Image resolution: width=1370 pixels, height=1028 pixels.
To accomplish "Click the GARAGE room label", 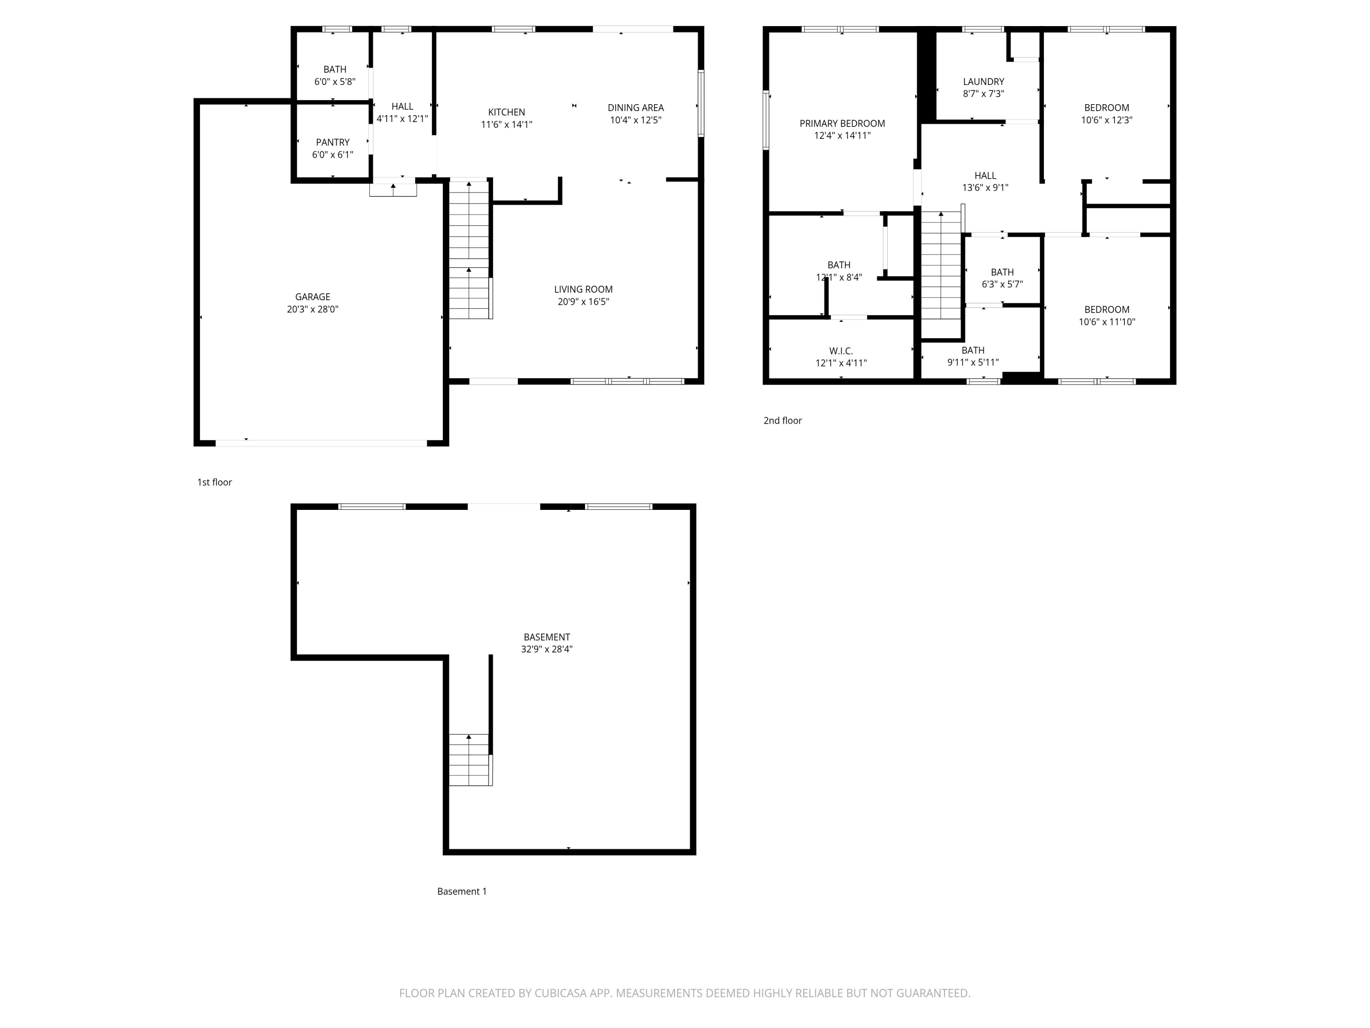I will click(x=312, y=297).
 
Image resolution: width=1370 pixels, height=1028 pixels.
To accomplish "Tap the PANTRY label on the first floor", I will click(x=332, y=143).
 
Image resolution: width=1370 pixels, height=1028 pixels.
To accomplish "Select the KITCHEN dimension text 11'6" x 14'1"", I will click(x=506, y=125).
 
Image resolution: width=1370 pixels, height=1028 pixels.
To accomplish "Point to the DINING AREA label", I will click(x=636, y=108).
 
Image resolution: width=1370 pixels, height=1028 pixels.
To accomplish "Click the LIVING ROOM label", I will click(x=583, y=289).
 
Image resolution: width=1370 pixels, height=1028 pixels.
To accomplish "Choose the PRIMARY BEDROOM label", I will click(x=842, y=123).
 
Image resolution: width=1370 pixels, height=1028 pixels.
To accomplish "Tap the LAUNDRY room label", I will click(x=983, y=82).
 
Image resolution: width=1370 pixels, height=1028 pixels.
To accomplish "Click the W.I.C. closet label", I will click(x=840, y=351).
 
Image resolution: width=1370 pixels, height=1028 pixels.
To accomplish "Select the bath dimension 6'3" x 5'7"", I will click(x=1001, y=285).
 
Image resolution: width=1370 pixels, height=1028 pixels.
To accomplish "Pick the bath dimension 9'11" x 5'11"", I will click(x=972, y=362).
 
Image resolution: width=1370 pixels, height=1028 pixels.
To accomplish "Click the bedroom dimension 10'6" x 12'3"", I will click(x=1106, y=120).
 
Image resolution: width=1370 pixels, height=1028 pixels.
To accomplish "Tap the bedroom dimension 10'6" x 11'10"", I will click(x=1106, y=322).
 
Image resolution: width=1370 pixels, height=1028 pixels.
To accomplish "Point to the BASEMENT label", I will click(x=546, y=637).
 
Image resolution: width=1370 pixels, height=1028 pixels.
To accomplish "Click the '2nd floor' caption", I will click(x=782, y=421).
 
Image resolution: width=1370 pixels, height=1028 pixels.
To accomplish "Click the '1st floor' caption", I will click(x=214, y=482).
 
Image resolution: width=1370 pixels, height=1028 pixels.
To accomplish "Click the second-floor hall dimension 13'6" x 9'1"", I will click(x=985, y=188).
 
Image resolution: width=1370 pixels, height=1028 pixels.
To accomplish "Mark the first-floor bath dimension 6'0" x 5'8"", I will click(x=334, y=82).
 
